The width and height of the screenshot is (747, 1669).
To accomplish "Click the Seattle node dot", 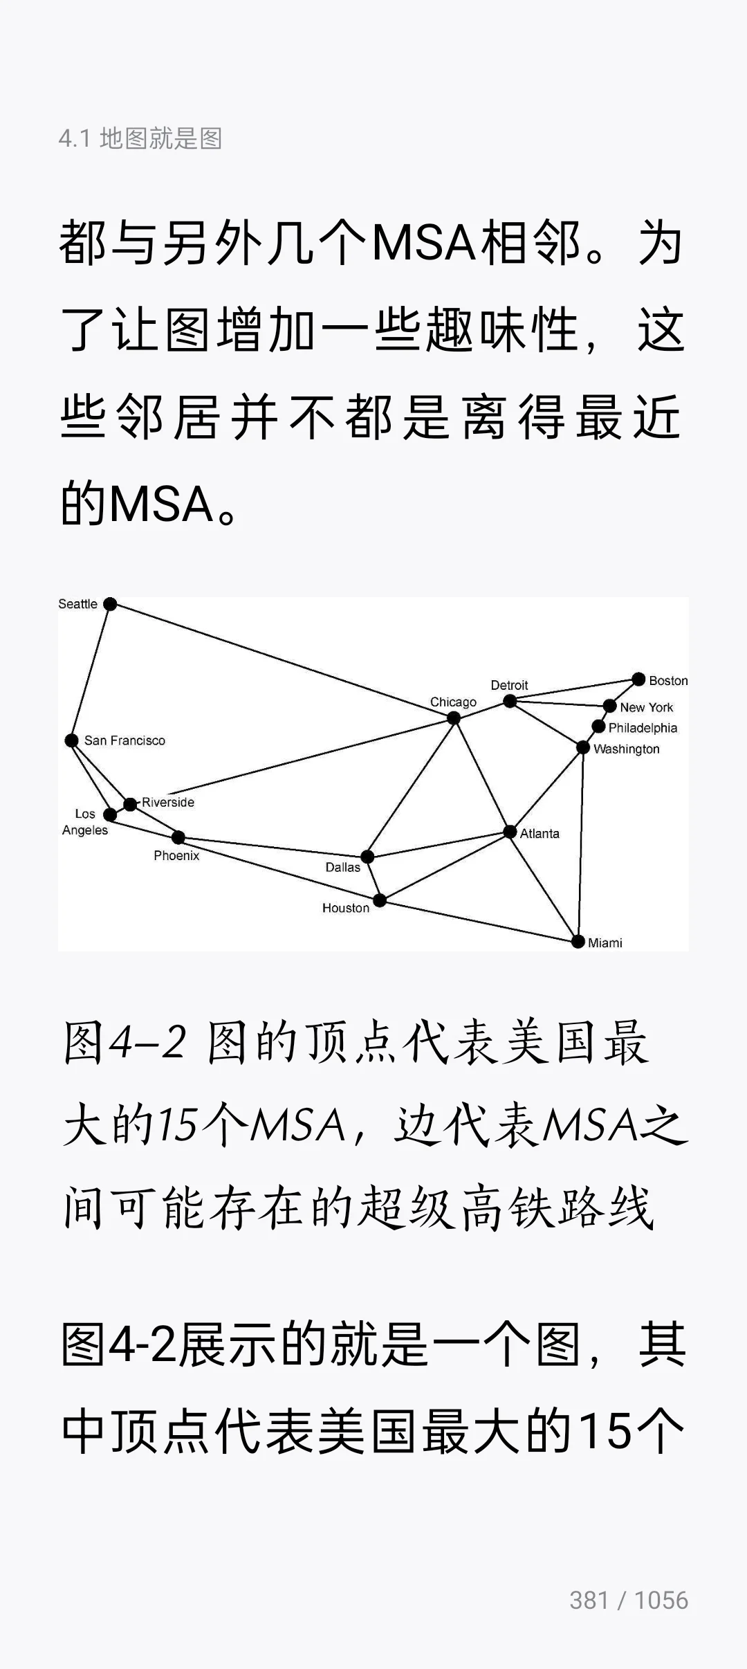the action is pos(110,604).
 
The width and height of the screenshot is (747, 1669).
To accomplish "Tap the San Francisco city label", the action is pos(124,740).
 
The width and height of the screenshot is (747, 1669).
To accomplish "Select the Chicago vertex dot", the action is pos(454,718).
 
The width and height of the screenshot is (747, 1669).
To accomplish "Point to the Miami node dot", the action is pos(578,941).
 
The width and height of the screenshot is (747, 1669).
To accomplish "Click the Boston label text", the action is pos(668,681).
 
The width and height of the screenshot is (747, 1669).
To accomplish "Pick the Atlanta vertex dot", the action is pos(510,832).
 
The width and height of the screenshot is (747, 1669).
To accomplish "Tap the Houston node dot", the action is pos(380,900).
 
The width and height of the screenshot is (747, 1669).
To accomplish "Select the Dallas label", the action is pos(342,867).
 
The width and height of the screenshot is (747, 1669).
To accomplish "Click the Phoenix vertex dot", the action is pos(178,838).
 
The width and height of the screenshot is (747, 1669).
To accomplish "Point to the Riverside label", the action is pos(168,802).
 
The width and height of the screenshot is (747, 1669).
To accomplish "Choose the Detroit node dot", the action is pos(510,702).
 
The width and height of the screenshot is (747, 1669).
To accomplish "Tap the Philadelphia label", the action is pos(643,728).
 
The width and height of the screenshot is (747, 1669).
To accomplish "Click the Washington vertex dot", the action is pos(583,747).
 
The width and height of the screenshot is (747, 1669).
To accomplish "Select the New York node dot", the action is pos(609,706).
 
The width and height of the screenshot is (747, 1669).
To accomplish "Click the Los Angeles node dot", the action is pos(110,815).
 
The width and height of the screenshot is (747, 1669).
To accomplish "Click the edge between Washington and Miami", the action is pos(581,844).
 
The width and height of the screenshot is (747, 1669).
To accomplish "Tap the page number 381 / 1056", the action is pos(628,1600).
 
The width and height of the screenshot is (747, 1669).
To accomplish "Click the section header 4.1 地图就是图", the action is pos(140,138).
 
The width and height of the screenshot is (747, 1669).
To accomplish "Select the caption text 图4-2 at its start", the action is pos(124,1042).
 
